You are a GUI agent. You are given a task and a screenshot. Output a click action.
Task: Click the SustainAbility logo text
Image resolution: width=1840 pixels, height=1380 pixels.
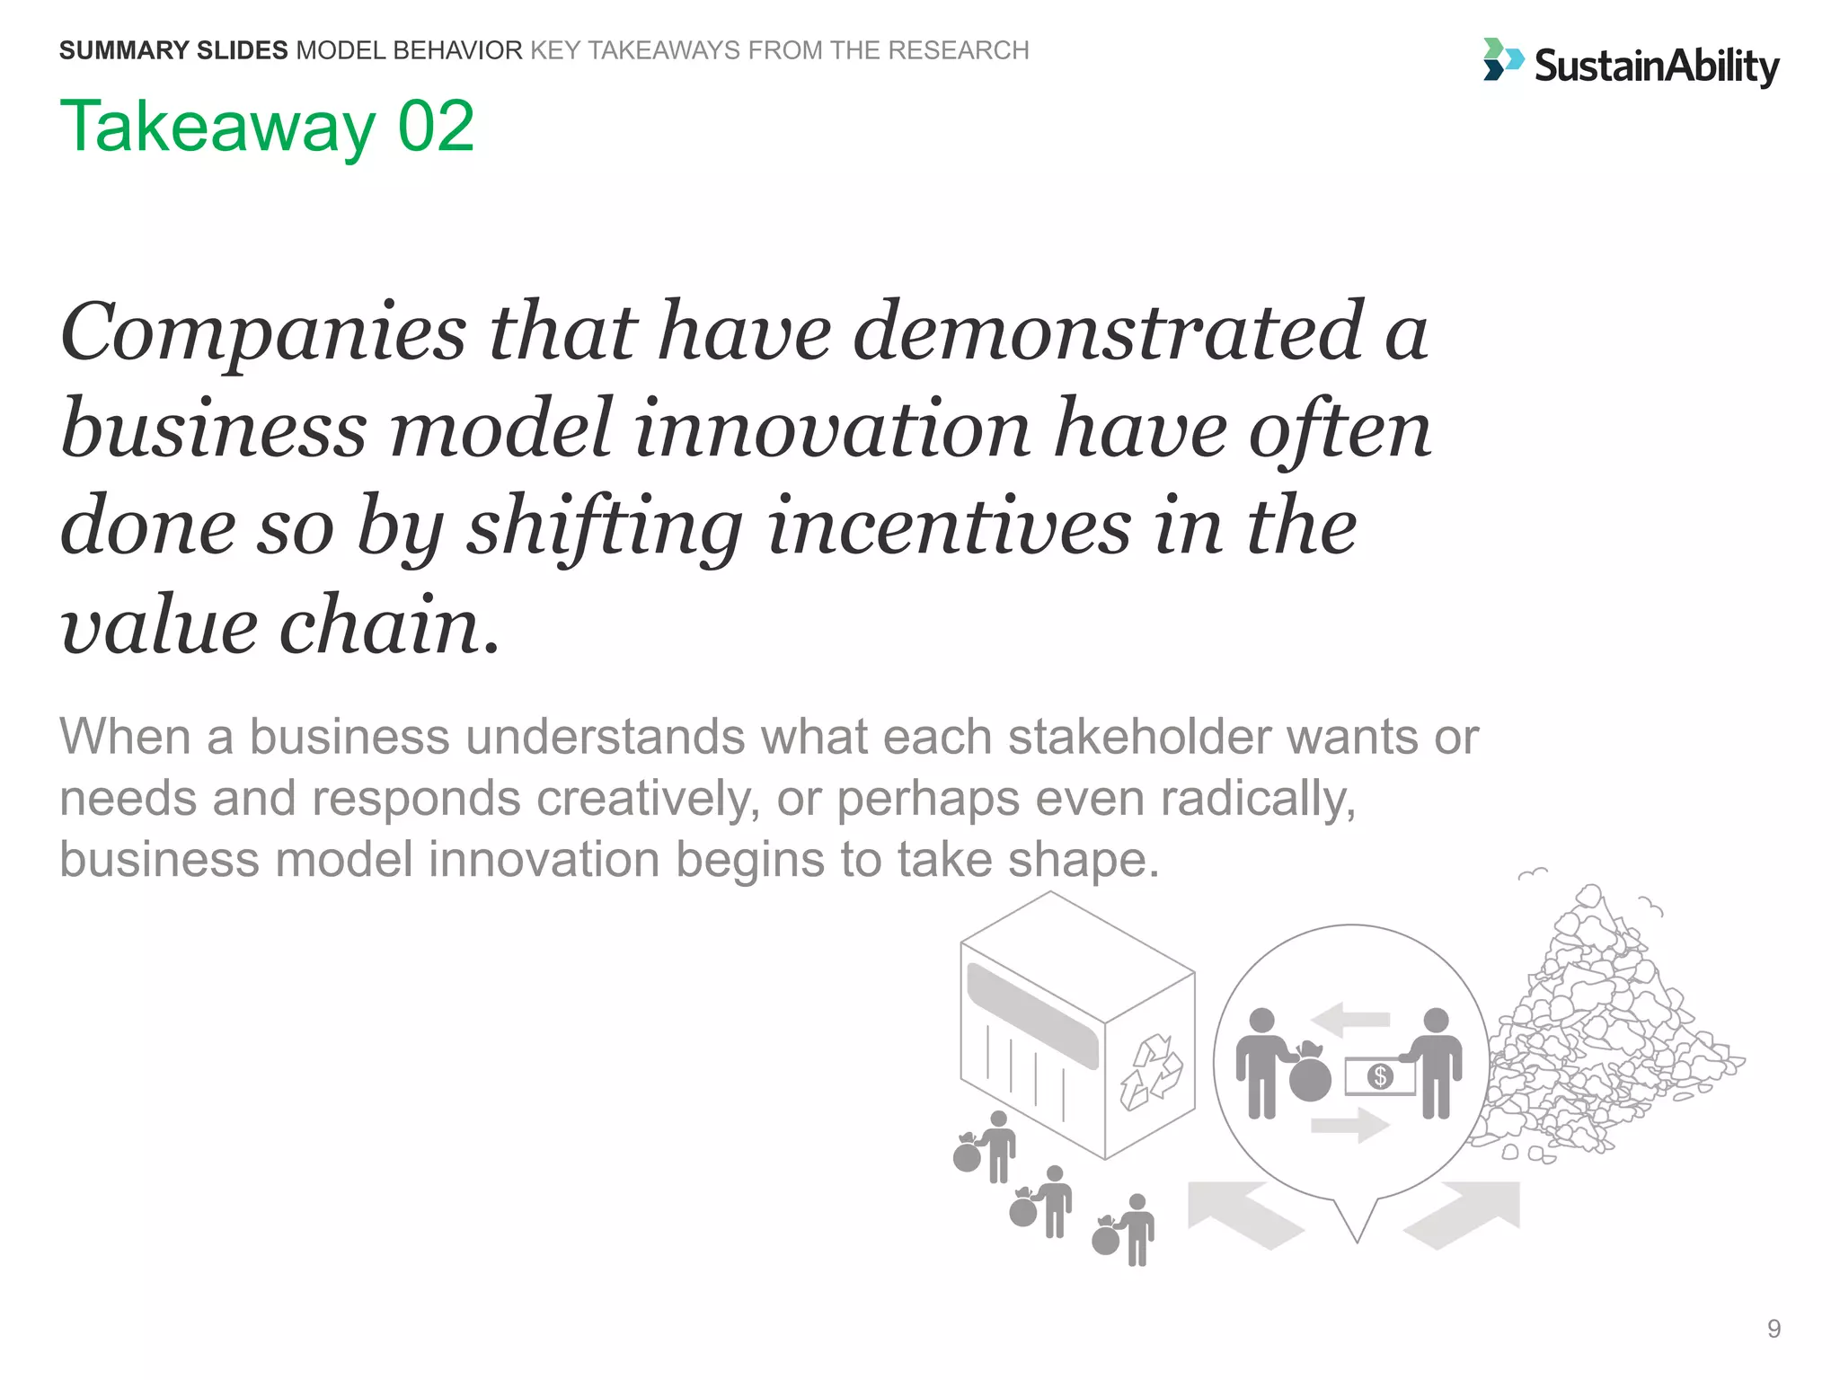1656,66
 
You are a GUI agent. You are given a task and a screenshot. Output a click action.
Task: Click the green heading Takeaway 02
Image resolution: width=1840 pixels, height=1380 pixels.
267,127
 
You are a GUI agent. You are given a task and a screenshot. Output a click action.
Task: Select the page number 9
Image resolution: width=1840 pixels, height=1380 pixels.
1774,1328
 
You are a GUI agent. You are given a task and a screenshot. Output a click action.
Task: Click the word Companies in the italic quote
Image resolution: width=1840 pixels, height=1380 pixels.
263,332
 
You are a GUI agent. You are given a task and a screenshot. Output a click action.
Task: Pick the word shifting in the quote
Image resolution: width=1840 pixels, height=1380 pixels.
604,528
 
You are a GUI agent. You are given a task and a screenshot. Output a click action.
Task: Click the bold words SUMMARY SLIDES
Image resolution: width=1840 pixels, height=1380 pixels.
173,50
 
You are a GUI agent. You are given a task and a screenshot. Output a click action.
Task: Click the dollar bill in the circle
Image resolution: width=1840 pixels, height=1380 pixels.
1379,1075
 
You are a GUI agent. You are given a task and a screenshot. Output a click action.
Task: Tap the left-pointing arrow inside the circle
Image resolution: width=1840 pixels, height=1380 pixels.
1350,1019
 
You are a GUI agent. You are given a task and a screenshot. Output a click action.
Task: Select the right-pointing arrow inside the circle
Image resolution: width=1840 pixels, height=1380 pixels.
1350,1125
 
